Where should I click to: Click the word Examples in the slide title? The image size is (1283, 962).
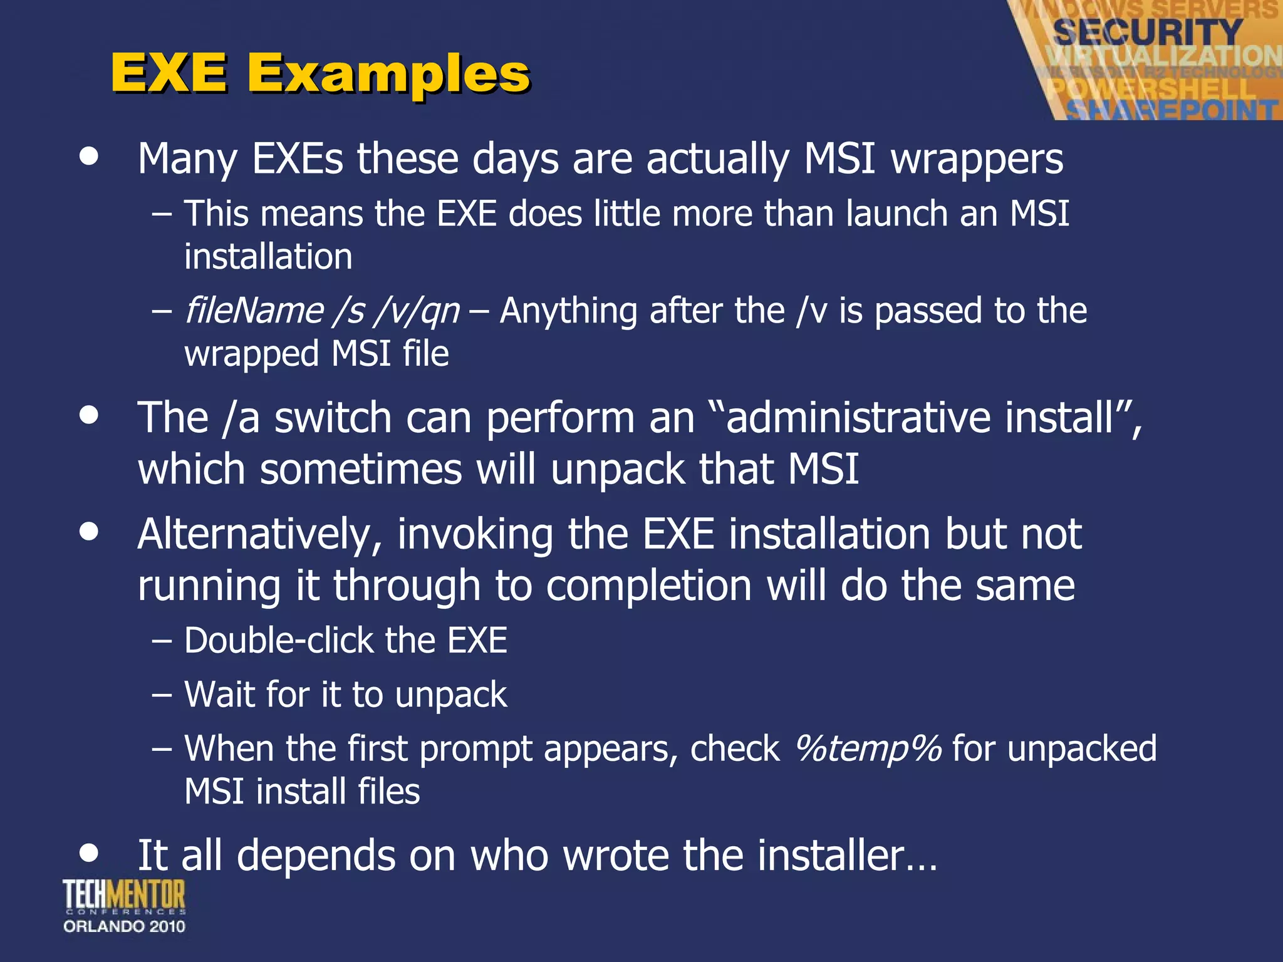pyautogui.click(x=388, y=74)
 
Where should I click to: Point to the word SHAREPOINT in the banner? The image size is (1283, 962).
pyautogui.click(x=1171, y=110)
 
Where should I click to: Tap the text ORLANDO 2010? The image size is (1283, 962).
pyautogui.click(x=124, y=926)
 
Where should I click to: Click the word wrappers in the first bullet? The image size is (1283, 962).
pyautogui.click(x=977, y=159)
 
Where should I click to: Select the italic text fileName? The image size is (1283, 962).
pyautogui.click(x=254, y=311)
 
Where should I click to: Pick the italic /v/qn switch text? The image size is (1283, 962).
pyautogui.click(x=416, y=311)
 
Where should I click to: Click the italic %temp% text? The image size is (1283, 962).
pyautogui.click(x=868, y=748)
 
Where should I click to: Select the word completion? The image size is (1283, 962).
pyautogui.click(x=648, y=586)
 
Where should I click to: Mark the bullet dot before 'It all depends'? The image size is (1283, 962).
pyautogui.click(x=90, y=852)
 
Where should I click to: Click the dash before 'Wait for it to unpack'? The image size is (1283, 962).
pyautogui.click(x=162, y=695)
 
